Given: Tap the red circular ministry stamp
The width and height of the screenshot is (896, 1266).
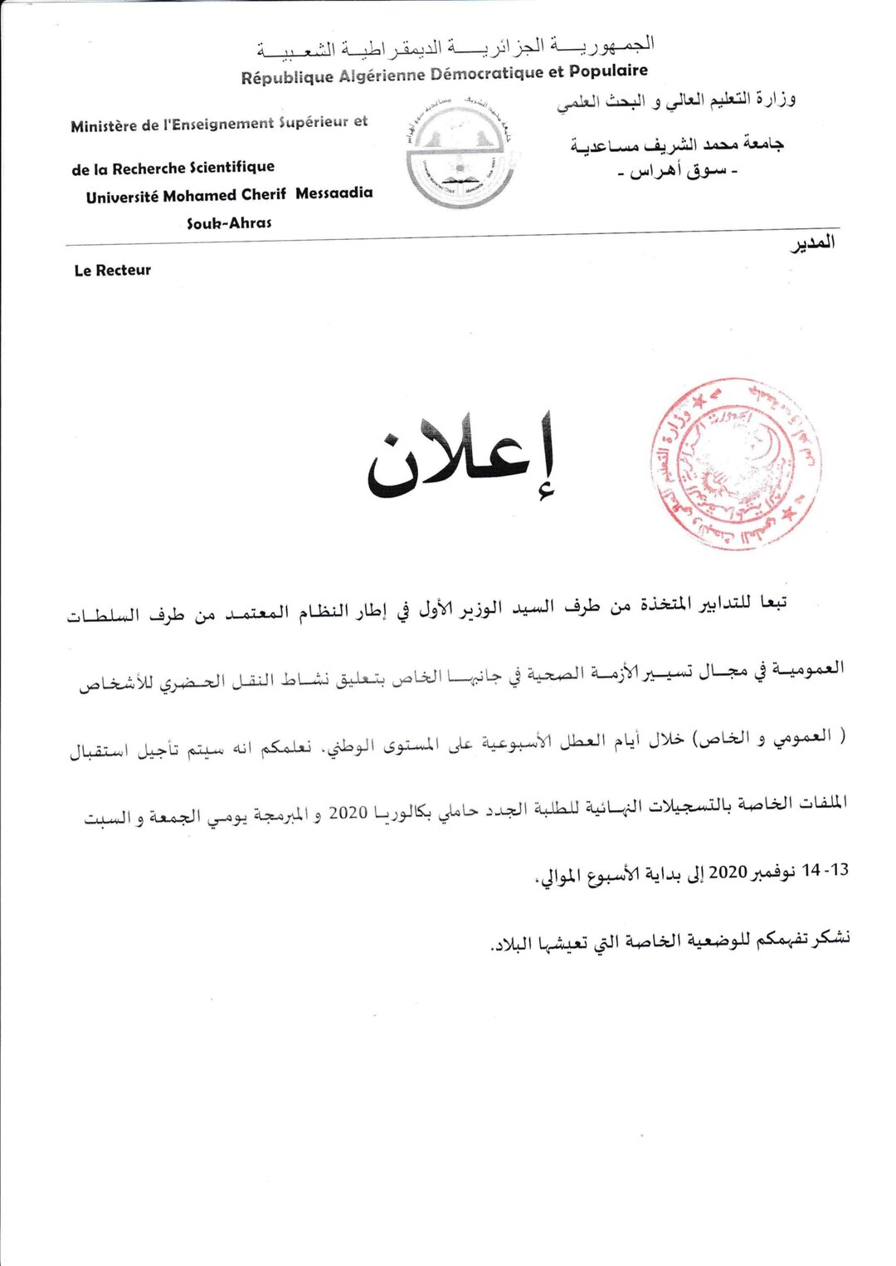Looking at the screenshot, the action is point(735,464).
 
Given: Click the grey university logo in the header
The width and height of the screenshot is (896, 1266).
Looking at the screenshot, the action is point(459,154).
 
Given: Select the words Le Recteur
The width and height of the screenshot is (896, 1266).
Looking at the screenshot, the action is point(113,271).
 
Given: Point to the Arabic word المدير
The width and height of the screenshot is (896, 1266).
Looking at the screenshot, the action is point(812,243).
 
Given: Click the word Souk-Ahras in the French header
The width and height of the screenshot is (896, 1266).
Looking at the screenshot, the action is point(229,223).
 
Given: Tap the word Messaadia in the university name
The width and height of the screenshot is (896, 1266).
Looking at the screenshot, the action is point(334,193).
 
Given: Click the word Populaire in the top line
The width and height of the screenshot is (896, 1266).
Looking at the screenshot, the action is point(608,71).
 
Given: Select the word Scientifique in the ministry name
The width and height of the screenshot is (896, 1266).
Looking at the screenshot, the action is point(231,167).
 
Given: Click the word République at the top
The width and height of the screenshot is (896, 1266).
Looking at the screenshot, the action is point(287,78).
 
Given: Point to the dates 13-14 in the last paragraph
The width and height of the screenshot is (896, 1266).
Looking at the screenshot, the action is point(825,870).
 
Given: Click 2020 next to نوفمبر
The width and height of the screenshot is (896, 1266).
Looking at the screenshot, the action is point(728,872).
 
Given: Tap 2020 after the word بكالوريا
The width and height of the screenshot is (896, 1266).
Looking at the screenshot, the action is point(348,812).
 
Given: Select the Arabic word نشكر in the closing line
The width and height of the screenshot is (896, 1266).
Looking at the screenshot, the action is point(831,938).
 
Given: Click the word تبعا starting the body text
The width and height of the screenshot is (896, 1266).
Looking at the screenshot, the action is point(772,602).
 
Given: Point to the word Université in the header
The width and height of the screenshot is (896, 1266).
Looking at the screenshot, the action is point(121,198).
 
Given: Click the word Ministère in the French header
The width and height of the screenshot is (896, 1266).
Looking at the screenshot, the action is point(104,127).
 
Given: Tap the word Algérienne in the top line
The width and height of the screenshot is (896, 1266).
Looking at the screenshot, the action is point(381,76).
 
